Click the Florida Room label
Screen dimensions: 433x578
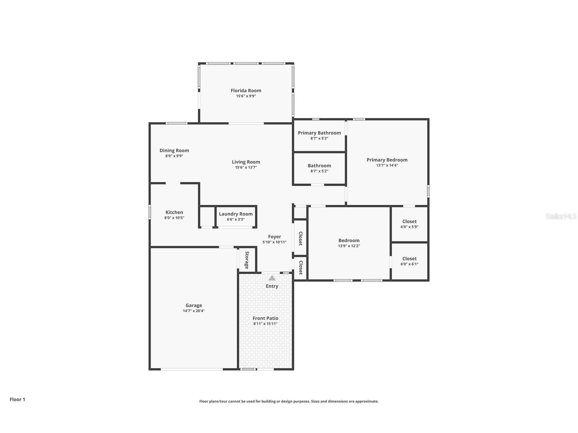[x=246, y=91]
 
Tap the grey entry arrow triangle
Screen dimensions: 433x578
[x=272, y=278]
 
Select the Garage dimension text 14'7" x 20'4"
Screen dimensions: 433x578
[x=193, y=311]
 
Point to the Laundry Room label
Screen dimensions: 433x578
[x=236, y=214]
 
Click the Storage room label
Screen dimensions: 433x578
[x=247, y=260]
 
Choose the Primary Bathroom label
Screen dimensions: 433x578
[x=319, y=133]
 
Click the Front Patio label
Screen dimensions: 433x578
[x=265, y=318]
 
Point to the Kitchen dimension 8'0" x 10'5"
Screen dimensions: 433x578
[x=174, y=218]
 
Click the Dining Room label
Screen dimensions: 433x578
[x=174, y=150]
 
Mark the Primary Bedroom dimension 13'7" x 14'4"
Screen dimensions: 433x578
[x=387, y=165]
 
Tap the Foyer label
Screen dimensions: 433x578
[x=275, y=237]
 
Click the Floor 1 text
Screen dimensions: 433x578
[x=17, y=399]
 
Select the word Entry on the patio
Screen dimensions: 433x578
[x=272, y=286]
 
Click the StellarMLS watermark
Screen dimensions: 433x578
[x=561, y=216]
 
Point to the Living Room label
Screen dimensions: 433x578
[x=246, y=162]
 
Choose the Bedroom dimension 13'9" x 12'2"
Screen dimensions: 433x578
[x=349, y=246]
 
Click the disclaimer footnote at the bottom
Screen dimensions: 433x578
[x=289, y=401]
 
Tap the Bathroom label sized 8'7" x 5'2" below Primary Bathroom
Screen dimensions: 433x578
[x=319, y=166]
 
